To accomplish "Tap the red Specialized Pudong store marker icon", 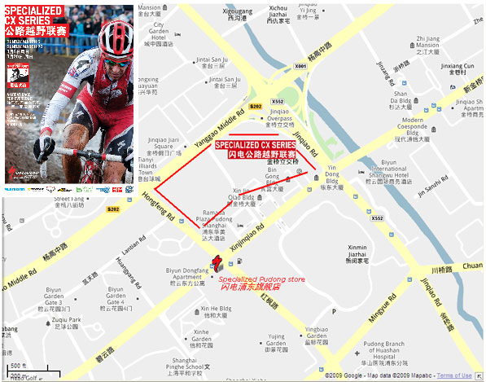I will (217, 261).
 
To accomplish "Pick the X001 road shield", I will (300, 66).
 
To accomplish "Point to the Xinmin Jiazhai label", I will (359, 256).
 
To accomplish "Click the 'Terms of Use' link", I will (453, 375).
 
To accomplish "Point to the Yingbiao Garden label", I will (317, 333).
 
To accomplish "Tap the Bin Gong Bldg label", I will (278, 180).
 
